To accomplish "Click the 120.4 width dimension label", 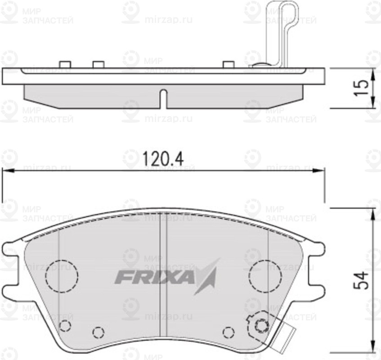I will (164, 158).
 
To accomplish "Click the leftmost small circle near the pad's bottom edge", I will (65, 326).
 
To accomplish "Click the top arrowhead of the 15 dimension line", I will (373, 72).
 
